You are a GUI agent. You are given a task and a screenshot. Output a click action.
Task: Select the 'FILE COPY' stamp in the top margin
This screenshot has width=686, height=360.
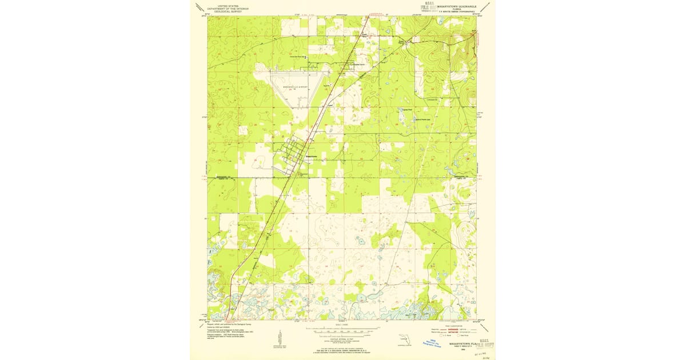click(x=429, y=7)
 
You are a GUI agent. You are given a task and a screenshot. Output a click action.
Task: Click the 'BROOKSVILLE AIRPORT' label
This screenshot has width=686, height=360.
click(x=296, y=86)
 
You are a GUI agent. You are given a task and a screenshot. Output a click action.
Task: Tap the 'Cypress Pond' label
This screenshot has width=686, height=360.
click(x=406, y=110)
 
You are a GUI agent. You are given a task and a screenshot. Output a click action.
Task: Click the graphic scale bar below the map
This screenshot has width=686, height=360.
click(x=342, y=329)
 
